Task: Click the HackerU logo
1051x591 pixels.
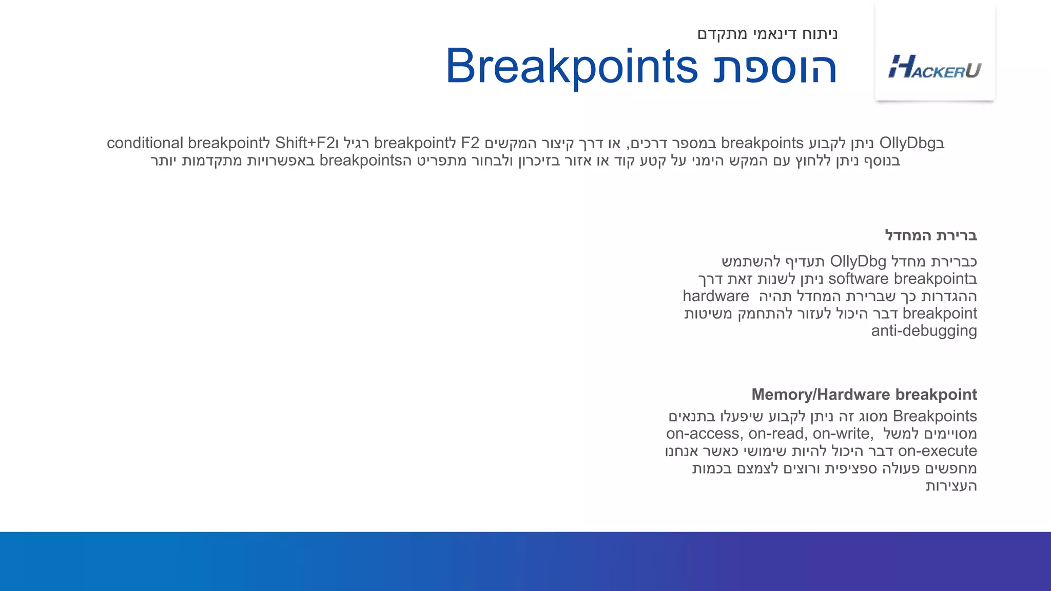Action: (x=935, y=67)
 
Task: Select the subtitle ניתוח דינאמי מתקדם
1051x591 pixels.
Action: (x=767, y=34)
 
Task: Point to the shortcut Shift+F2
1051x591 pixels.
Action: (x=304, y=143)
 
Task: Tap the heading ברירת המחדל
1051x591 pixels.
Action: (x=930, y=235)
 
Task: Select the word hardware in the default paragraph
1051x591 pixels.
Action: (x=715, y=296)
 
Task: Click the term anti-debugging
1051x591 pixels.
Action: (x=924, y=330)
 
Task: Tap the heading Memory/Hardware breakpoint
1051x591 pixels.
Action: (x=864, y=395)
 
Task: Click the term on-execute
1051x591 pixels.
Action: (x=937, y=451)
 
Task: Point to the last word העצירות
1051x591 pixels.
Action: (x=950, y=486)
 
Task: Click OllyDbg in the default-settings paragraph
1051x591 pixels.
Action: (x=858, y=261)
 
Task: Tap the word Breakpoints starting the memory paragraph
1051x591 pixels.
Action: (x=935, y=416)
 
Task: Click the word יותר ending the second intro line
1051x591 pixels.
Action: (x=164, y=161)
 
